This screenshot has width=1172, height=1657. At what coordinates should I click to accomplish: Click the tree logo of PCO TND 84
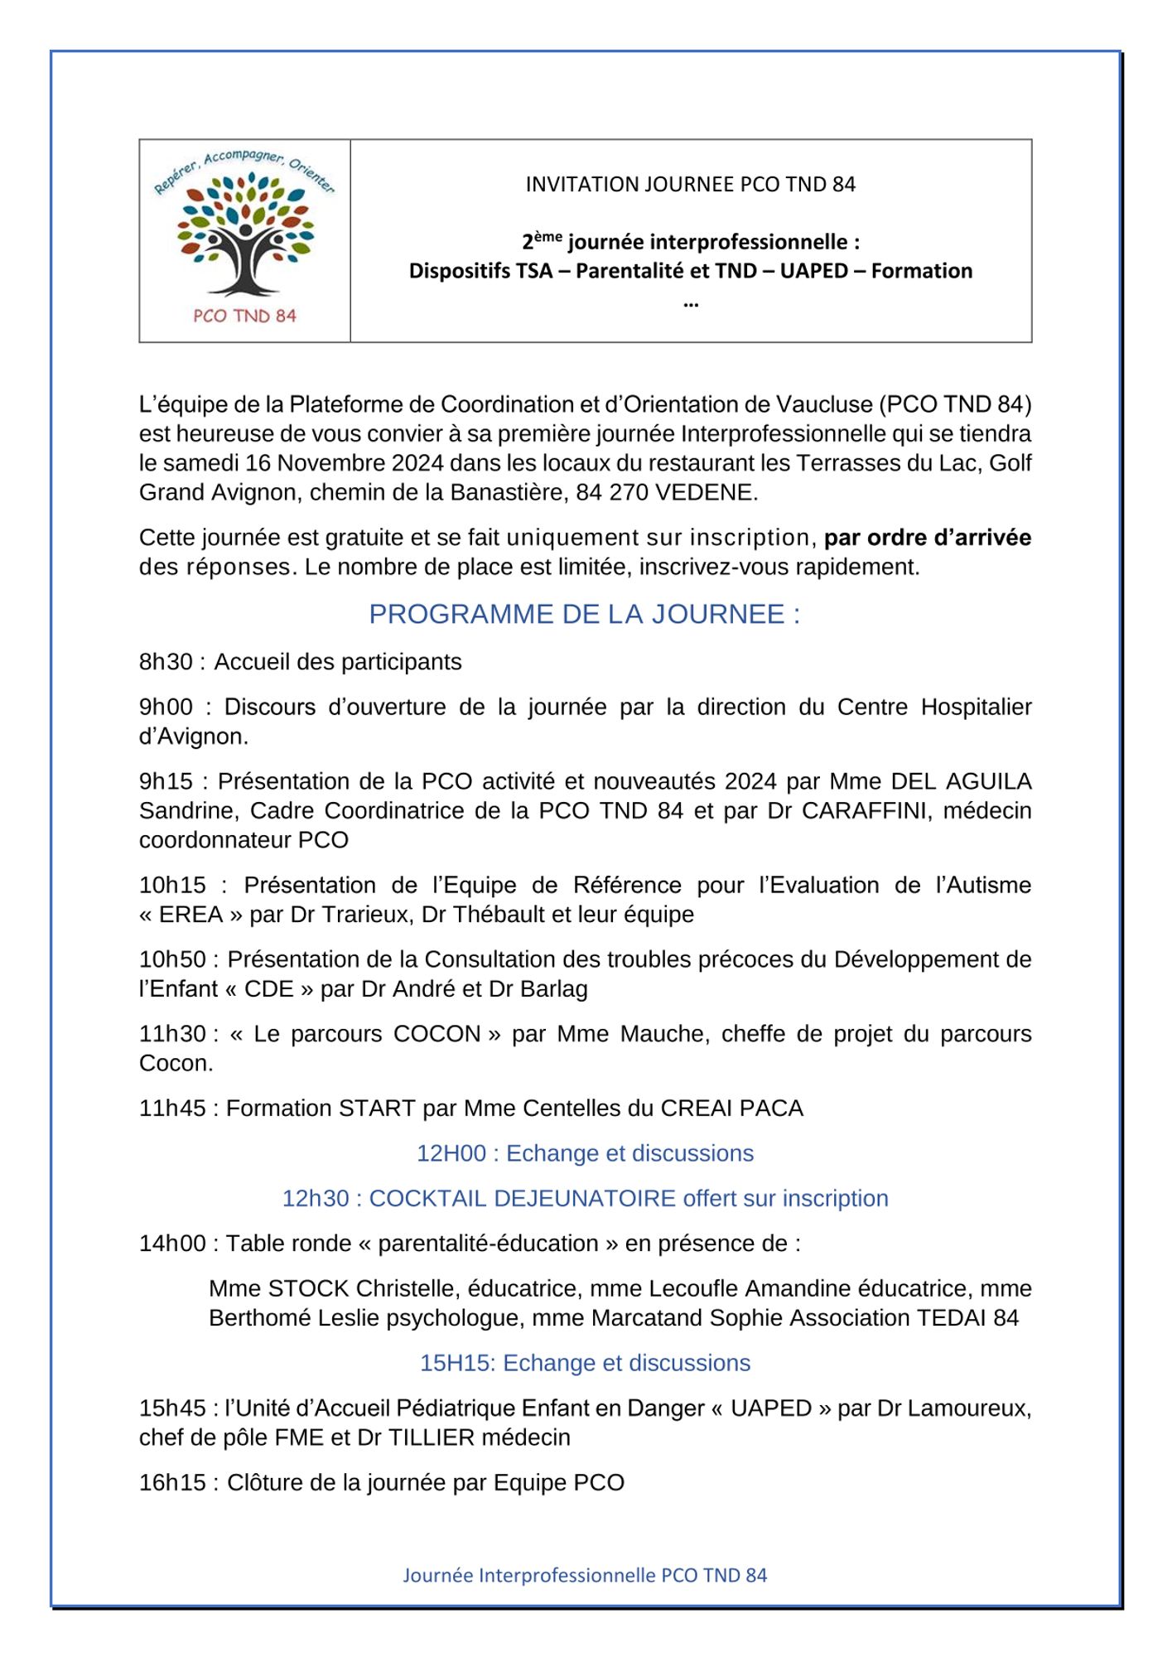click(244, 236)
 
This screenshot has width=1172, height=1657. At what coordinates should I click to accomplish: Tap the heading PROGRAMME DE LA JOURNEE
click(584, 614)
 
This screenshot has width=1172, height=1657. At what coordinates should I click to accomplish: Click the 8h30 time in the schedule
click(166, 662)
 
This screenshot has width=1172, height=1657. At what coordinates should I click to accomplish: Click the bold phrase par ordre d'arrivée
click(927, 538)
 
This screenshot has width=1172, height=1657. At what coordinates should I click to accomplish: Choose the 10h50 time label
click(172, 959)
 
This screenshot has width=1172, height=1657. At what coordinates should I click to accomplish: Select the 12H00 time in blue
click(451, 1153)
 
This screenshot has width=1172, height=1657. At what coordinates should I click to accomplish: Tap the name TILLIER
click(432, 1437)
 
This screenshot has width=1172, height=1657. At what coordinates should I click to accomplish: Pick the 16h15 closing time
click(172, 1482)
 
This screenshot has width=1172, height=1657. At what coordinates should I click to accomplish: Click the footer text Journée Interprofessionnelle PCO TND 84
click(585, 1575)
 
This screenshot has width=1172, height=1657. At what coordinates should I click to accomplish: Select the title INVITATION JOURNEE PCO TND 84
click(690, 184)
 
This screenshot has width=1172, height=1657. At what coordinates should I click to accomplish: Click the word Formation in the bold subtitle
click(921, 271)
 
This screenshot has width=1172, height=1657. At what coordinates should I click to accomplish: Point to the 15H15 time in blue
click(453, 1363)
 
